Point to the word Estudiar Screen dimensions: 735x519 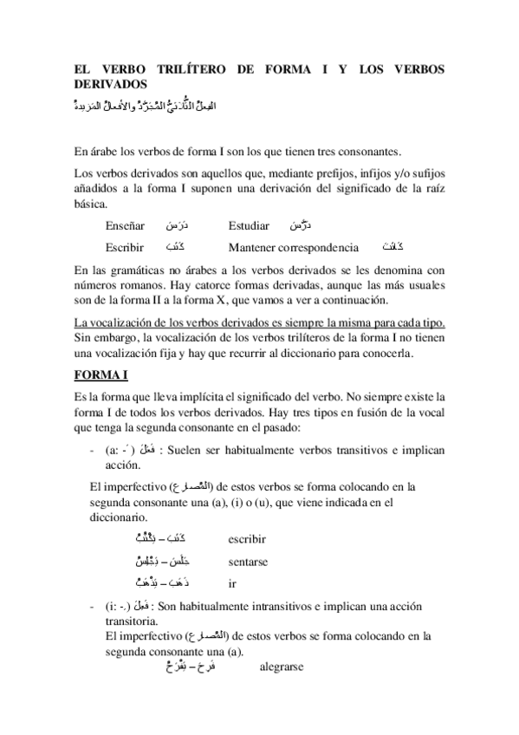[x=252, y=226]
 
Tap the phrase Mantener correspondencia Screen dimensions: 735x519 [x=294, y=247]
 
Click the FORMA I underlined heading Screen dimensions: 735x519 [x=101, y=374]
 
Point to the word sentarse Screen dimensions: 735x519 [x=248, y=562]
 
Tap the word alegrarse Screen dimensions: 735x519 [x=282, y=668]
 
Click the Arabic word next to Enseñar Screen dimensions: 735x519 [x=177, y=225]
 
